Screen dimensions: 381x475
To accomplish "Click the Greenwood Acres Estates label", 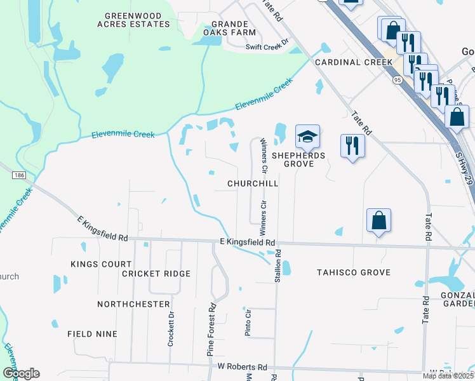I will pyautogui.click(x=138, y=20).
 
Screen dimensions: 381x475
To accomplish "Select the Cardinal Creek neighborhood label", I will pyautogui.click(x=354, y=62).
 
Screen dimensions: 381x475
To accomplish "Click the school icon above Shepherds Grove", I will pyautogui.click(x=307, y=137).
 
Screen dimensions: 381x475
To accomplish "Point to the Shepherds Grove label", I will pyautogui.click(x=298, y=159).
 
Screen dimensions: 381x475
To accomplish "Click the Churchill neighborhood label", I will pyautogui.click(x=253, y=184).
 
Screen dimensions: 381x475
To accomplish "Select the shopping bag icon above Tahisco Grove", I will pyautogui.click(x=378, y=221).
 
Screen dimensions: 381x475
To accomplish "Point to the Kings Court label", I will pyautogui.click(x=101, y=264).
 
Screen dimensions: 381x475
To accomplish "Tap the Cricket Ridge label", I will pyautogui.click(x=156, y=274).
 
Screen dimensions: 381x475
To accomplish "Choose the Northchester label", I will pyautogui.click(x=133, y=304).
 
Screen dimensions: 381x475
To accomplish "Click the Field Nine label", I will pyautogui.click(x=93, y=333).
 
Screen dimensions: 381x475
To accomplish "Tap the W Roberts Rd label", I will pyautogui.click(x=243, y=367).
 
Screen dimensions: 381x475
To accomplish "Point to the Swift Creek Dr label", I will pyautogui.click(x=267, y=46).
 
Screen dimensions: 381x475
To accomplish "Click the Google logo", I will pyautogui.click(x=21, y=373).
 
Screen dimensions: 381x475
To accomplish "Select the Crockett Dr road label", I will pyautogui.click(x=171, y=329).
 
